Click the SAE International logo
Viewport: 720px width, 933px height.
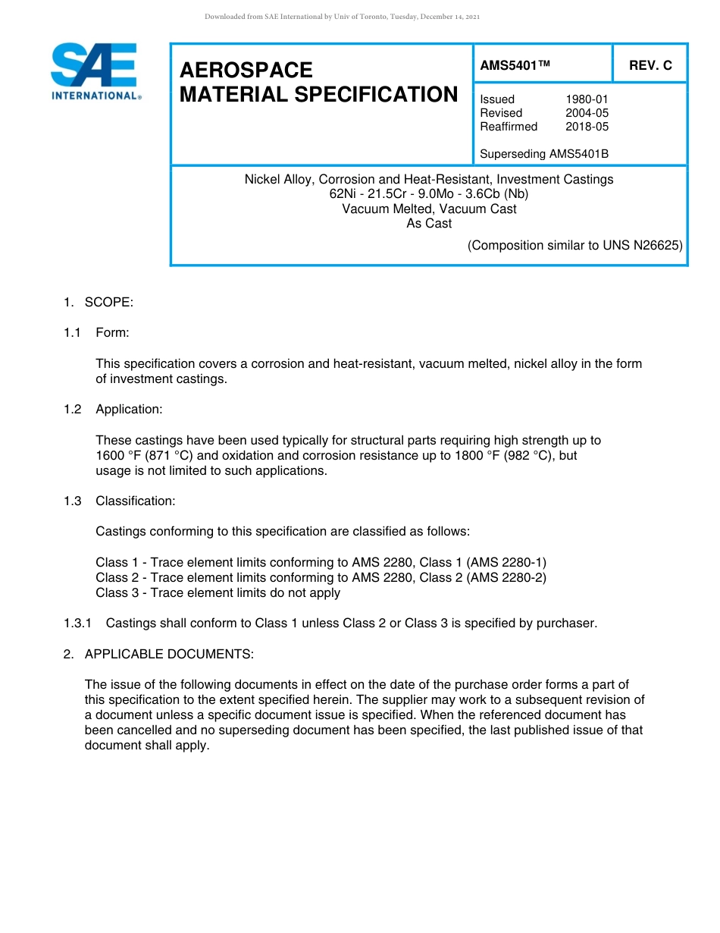click(95, 71)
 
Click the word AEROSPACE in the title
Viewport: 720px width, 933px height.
click(246, 71)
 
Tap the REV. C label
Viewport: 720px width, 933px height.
click(650, 66)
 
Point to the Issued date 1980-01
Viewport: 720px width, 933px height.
click(587, 99)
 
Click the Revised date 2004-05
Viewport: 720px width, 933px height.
click(587, 113)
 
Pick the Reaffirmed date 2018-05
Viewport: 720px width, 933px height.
click(587, 127)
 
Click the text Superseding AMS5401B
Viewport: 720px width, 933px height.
click(544, 154)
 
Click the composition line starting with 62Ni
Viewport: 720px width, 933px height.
click(429, 194)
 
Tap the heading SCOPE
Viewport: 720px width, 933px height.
click(108, 303)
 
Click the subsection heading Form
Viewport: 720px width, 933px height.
click(112, 333)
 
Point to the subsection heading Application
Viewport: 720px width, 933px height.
click(129, 410)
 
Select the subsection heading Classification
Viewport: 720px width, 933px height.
click(135, 501)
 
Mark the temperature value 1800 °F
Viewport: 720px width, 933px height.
click(480, 456)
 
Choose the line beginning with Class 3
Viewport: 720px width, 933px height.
click(218, 593)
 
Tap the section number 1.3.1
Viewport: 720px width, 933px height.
click(77, 624)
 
